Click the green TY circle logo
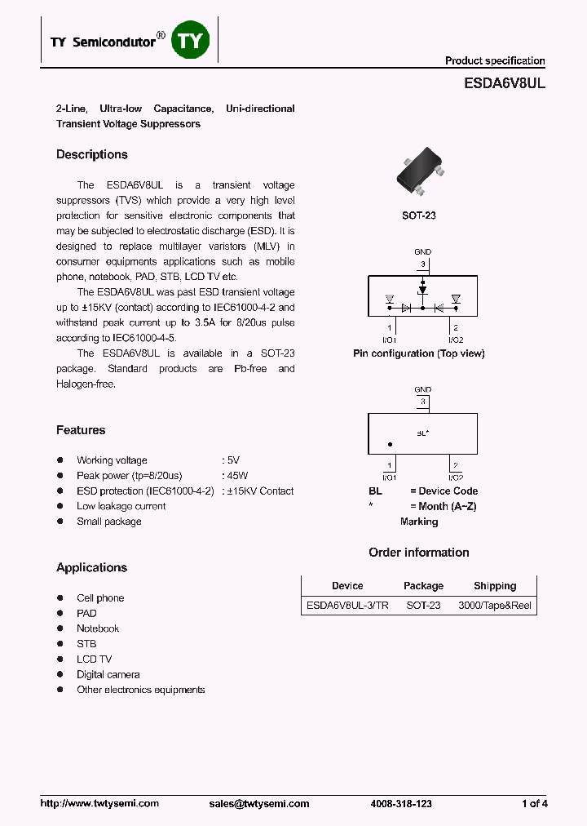(x=190, y=42)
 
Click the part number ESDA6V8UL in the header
(x=498, y=82)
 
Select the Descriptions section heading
(x=92, y=155)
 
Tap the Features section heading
(x=81, y=430)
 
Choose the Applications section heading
(x=91, y=568)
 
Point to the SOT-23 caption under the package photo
(x=419, y=215)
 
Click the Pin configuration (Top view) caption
(x=419, y=353)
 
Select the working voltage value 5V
(x=233, y=460)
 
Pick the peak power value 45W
(x=237, y=476)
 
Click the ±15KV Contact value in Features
(x=259, y=491)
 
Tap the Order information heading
(x=419, y=553)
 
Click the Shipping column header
(x=495, y=586)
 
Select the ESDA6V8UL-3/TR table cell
(x=346, y=606)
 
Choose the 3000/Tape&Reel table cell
(x=495, y=606)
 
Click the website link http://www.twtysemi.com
(x=99, y=804)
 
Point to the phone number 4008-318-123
(x=401, y=804)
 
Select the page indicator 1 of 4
(x=534, y=804)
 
